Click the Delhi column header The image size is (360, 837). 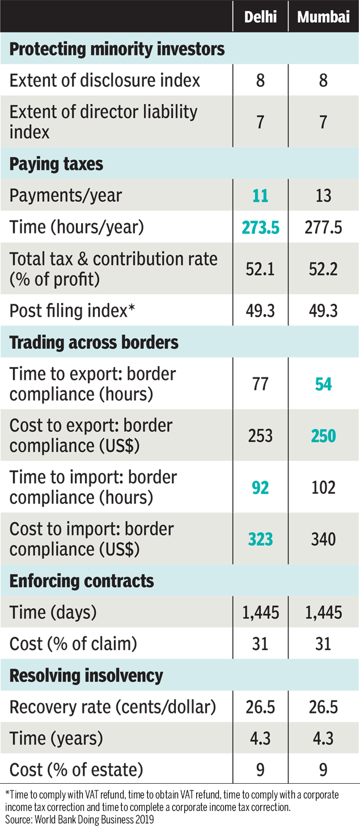(x=260, y=17)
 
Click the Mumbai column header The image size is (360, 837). (x=323, y=17)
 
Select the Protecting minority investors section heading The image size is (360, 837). (x=117, y=49)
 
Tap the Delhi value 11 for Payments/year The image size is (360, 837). (x=260, y=196)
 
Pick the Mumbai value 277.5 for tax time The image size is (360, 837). (x=323, y=228)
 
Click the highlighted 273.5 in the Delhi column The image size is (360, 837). (x=260, y=228)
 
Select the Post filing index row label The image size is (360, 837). (x=72, y=311)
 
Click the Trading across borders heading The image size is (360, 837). (x=94, y=343)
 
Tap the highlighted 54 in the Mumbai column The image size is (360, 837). (x=323, y=385)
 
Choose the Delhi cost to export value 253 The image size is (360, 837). (x=260, y=436)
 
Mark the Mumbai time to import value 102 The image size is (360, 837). (x=323, y=488)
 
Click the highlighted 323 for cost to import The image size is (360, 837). (x=260, y=539)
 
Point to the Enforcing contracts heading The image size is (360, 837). (x=82, y=581)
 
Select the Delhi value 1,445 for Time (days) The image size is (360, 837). (x=260, y=613)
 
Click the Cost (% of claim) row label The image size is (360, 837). (x=74, y=644)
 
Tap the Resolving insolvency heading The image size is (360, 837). (x=86, y=675)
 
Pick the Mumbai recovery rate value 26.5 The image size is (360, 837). (x=323, y=707)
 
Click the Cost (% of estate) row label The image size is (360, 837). (x=76, y=770)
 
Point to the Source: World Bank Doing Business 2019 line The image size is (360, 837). (x=79, y=819)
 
